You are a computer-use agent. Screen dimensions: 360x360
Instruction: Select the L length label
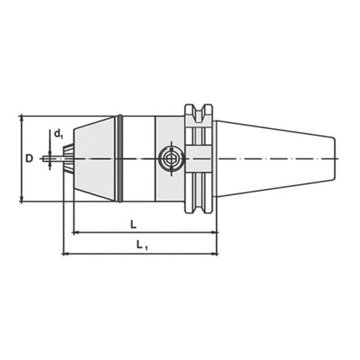click(x=133, y=224)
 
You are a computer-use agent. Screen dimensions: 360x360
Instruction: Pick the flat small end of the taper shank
click(x=337, y=157)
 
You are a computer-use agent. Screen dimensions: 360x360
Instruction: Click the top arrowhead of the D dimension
click(x=21, y=118)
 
